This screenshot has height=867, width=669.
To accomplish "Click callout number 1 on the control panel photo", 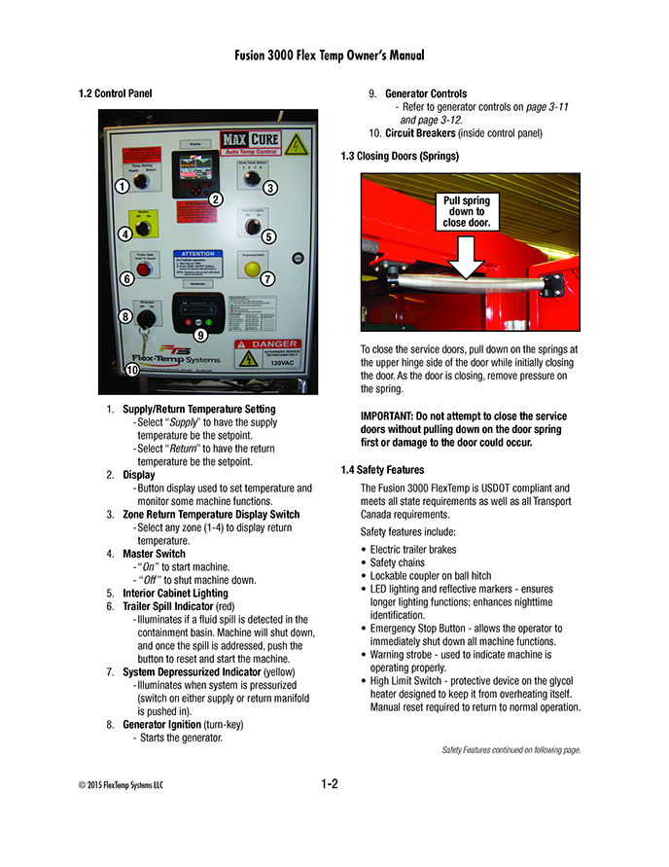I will coord(122,185).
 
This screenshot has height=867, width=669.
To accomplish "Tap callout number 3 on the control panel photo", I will coord(270,187).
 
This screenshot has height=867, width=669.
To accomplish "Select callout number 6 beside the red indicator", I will coord(127,278).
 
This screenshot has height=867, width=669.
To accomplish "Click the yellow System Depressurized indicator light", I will coord(252,269).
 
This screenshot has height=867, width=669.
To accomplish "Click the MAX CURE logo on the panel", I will coord(250,142).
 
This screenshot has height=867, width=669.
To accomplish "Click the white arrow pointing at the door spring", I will coord(468,255).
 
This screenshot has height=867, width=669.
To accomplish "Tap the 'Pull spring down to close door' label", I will coord(468,211).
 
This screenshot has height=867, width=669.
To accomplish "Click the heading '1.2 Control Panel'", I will coord(115,94).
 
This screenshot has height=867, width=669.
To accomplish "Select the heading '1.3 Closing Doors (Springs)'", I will coord(400,156).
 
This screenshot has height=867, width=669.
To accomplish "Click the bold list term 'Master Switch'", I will coord(154,554).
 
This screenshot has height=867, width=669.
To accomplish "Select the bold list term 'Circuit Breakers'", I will coord(420,133).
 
